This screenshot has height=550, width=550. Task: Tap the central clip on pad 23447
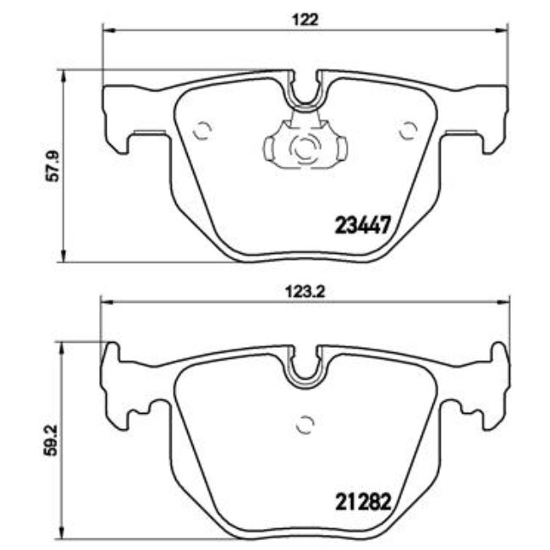(x=305, y=147)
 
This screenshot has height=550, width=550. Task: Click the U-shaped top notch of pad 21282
(x=305, y=369)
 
